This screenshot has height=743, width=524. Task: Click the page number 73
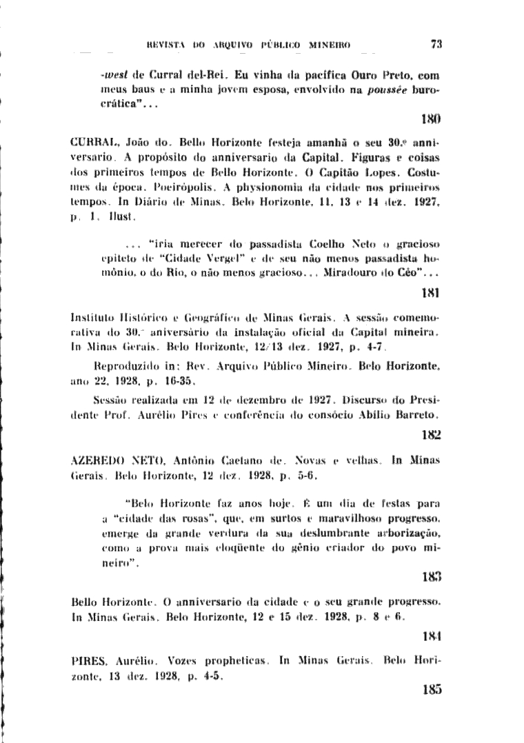(435, 44)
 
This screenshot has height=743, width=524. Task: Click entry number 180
(431, 119)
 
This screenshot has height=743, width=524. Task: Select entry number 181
(431, 292)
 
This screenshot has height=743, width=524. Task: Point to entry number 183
(431, 573)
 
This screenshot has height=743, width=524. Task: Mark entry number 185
(431, 689)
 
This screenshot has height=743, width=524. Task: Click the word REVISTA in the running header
(167, 45)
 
